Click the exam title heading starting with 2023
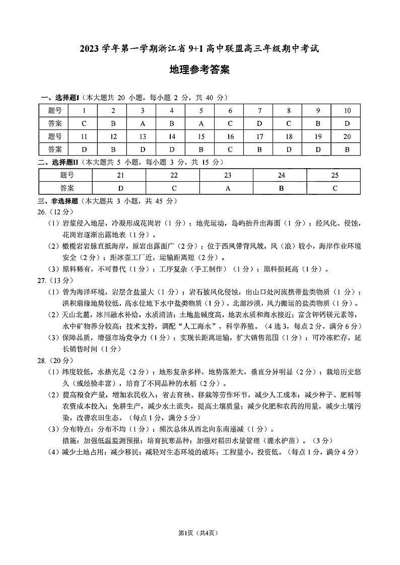(x=199, y=49)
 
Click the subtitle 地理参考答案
(x=199, y=70)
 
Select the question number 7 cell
(x=259, y=111)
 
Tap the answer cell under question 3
(x=143, y=123)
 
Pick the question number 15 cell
(x=201, y=136)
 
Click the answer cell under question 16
(x=230, y=149)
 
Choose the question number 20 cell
(x=347, y=136)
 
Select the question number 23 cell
(x=228, y=175)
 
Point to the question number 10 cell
(x=347, y=111)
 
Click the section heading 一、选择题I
(x=59, y=98)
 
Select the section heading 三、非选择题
(x=59, y=200)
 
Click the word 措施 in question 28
(x=69, y=441)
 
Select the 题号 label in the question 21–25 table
(x=67, y=175)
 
